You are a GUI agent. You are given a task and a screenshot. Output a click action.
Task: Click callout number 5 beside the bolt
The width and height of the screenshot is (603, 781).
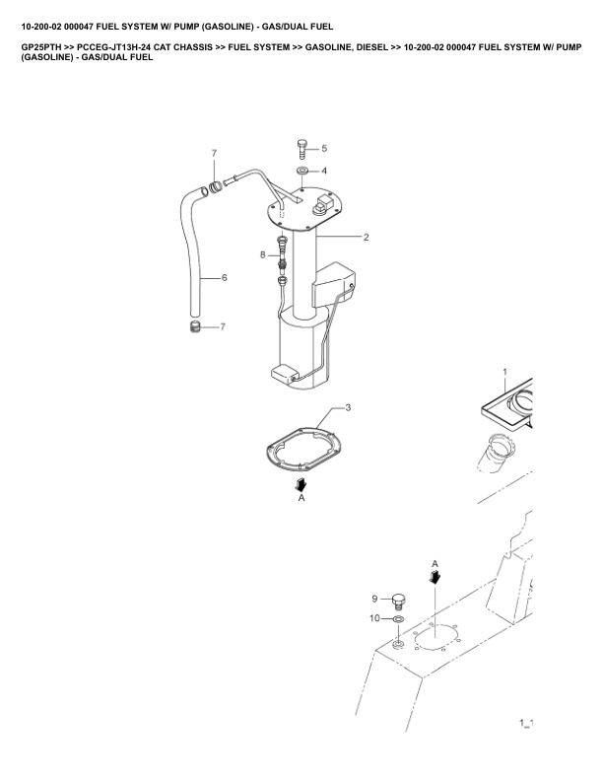(x=324, y=148)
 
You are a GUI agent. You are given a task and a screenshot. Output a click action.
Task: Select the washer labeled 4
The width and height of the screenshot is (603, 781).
(x=302, y=171)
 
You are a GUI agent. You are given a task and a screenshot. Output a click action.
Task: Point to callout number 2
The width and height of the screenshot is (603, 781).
(x=367, y=237)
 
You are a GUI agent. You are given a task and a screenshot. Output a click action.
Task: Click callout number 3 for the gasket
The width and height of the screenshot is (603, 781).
(x=348, y=407)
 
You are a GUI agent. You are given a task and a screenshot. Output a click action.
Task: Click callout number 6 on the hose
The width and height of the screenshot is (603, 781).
(x=225, y=277)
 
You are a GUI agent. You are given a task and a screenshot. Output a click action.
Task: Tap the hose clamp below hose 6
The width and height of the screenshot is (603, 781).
(x=195, y=327)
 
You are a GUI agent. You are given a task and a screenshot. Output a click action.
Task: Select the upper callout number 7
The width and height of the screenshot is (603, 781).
(x=214, y=153)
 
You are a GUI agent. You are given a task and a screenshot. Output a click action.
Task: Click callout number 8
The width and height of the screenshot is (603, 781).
(x=263, y=255)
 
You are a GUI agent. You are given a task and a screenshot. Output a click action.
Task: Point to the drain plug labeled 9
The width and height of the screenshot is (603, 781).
(x=397, y=601)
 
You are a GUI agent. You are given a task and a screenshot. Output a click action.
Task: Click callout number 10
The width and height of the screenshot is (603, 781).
(x=374, y=618)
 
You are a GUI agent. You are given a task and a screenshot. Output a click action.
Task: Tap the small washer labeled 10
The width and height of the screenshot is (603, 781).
(x=398, y=619)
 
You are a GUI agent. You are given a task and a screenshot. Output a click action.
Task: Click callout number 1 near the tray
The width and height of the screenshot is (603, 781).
(x=505, y=372)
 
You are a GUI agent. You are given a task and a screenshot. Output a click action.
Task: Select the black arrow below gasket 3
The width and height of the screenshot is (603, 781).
(x=301, y=484)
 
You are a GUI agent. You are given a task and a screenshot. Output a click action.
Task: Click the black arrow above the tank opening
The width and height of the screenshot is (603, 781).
(x=435, y=576)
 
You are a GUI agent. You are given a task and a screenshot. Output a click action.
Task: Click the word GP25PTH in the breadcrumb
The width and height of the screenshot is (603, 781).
(x=41, y=47)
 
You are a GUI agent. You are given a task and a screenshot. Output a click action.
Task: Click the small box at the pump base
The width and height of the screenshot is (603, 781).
(x=284, y=374)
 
